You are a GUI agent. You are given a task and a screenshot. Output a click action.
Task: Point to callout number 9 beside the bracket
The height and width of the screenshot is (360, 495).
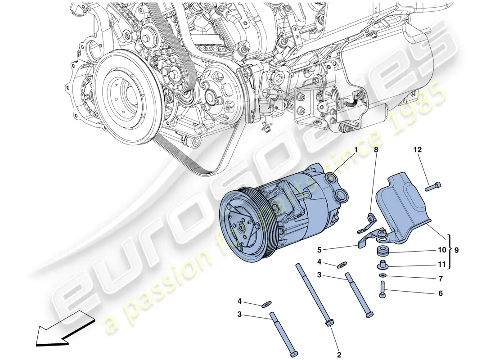pos(457,249)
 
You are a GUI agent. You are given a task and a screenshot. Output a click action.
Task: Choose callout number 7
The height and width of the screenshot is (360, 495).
pos(441,279)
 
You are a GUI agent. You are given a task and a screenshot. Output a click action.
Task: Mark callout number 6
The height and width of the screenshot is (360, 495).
pos(441,294)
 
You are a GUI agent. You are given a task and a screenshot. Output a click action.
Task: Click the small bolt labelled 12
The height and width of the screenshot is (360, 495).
pos(434,185)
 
